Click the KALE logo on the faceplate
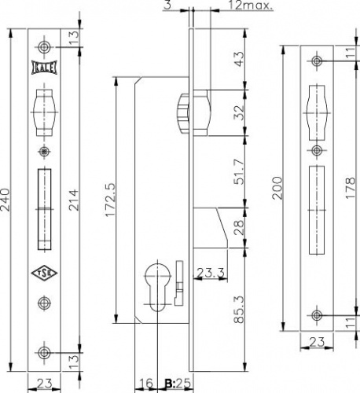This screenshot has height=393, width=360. coord(44,68)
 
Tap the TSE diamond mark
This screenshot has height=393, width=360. coord(44,273)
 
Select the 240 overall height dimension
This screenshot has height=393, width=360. coord(6,200)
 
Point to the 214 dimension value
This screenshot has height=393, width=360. coord(74,200)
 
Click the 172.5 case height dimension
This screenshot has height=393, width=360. coord(110,200)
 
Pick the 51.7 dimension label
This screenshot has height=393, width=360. coord(239,171)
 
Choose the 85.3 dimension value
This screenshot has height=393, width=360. coord(239,309)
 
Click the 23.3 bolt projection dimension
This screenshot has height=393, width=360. coord(211,273)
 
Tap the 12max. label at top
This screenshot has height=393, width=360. coord(251,6)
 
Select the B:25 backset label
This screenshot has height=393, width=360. coord(178,384)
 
